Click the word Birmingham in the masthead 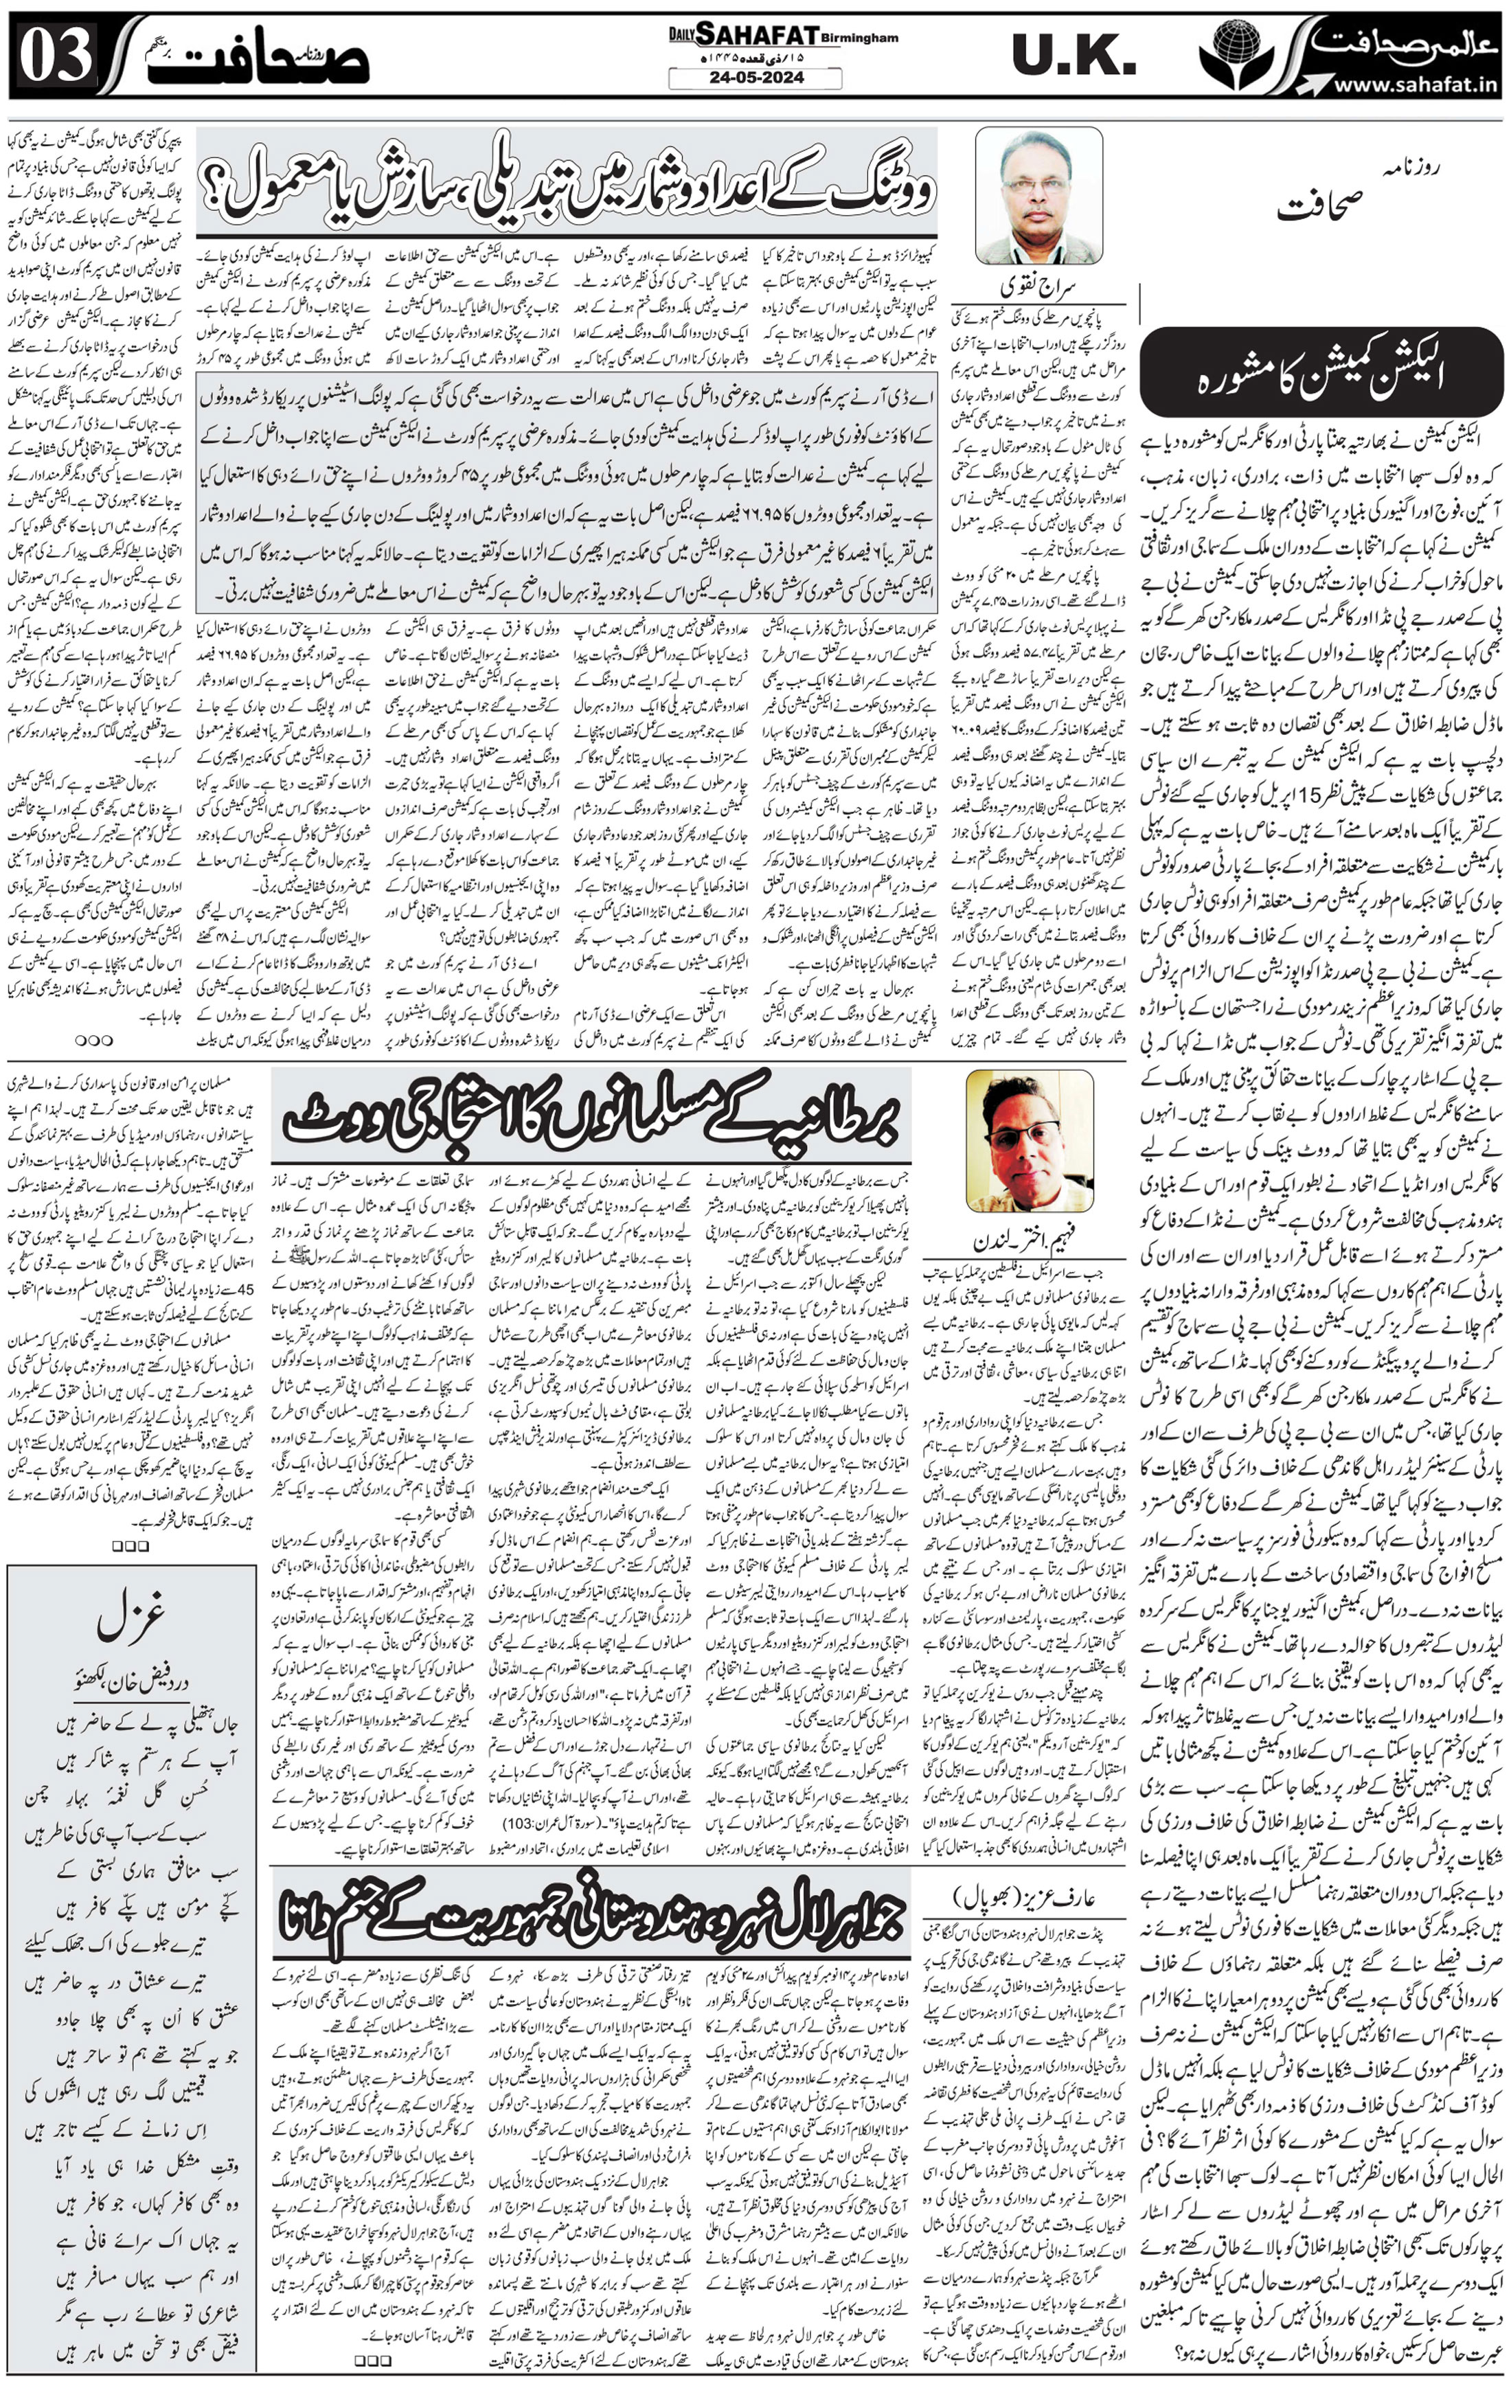[859, 38]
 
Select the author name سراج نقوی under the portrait [1037, 287]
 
